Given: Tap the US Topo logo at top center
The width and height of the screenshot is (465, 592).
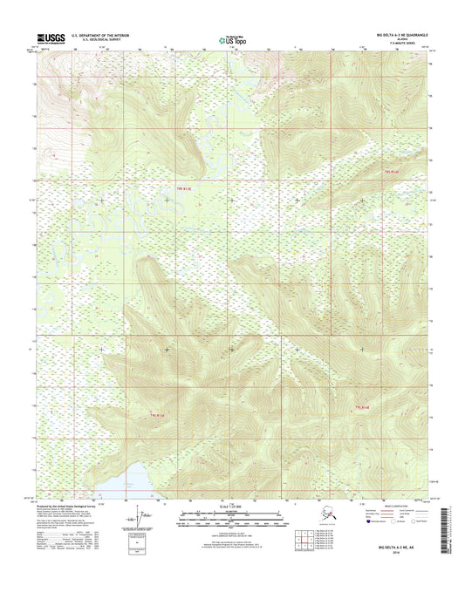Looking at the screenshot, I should (x=232, y=37).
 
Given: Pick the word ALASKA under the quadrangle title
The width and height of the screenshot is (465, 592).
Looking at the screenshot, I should (x=404, y=39).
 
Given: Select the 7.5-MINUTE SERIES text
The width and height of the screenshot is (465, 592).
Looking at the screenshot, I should (x=404, y=44).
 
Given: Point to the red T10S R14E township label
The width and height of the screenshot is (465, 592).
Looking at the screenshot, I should (x=363, y=406).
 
